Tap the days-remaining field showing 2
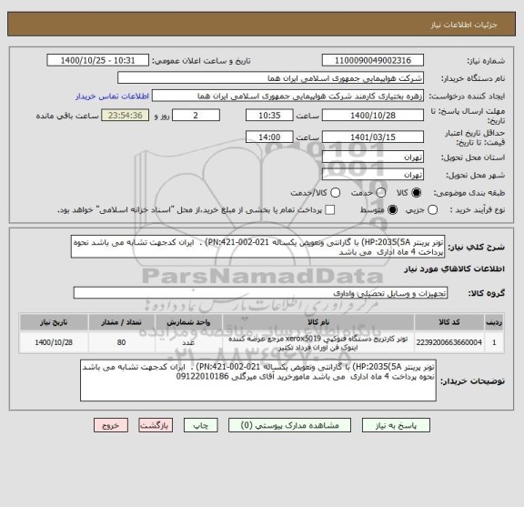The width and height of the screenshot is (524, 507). click(x=199, y=117)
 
